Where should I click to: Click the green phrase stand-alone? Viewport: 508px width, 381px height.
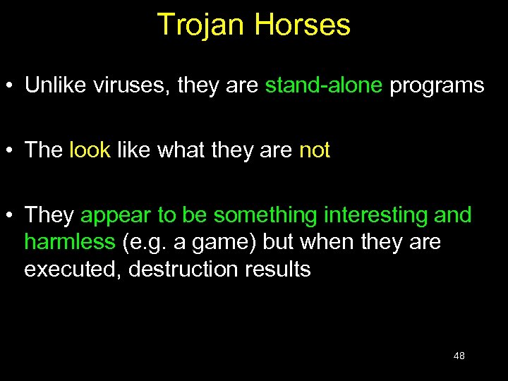pos(324,86)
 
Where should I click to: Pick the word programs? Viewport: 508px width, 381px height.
pos(437,86)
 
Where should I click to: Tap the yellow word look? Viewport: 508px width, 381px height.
pos(90,150)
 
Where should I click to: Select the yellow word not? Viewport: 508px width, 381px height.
pos(314,150)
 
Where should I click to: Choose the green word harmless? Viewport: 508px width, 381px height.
pos(69,243)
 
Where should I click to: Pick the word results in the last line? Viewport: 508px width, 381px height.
pos(278,270)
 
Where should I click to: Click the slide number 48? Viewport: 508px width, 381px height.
pos(459,356)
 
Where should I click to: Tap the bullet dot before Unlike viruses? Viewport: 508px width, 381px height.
pos(10,87)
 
